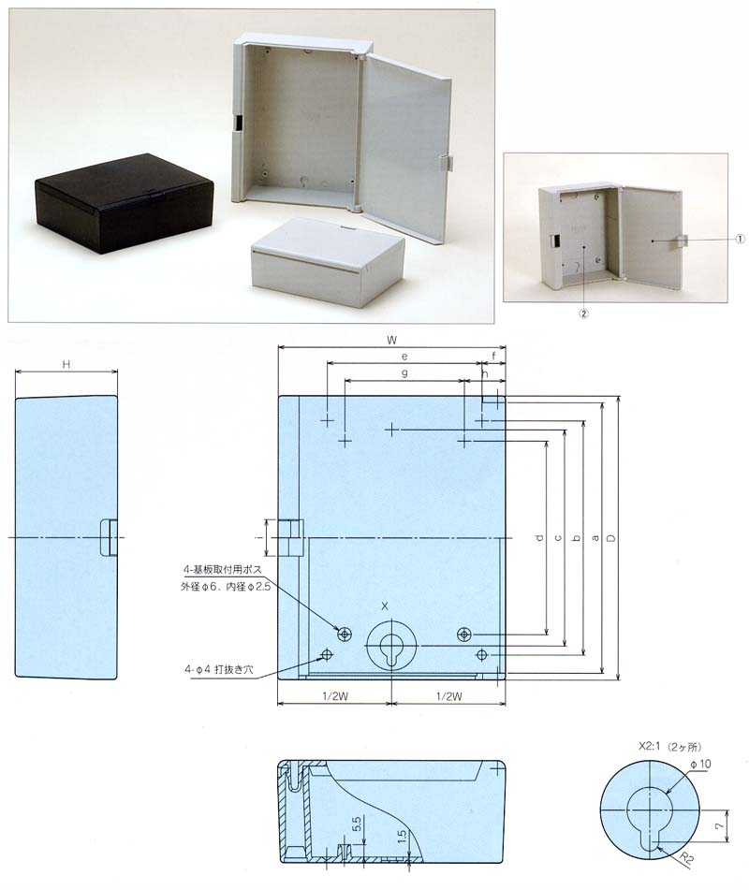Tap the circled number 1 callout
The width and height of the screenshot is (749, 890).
click(x=740, y=240)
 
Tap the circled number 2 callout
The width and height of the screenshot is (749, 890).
click(x=584, y=314)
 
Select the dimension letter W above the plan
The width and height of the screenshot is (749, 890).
click(x=391, y=340)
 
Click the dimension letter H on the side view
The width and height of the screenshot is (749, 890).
click(x=66, y=364)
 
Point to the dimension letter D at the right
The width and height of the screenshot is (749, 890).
click(x=611, y=537)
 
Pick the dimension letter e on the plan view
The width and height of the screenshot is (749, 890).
click(x=404, y=357)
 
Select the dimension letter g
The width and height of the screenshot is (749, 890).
click(x=404, y=372)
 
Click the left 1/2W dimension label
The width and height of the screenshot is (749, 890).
click(x=335, y=696)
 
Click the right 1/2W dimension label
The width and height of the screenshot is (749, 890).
click(x=449, y=696)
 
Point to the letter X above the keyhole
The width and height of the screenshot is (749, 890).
click(x=385, y=606)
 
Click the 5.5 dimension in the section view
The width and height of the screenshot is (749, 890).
click(x=357, y=824)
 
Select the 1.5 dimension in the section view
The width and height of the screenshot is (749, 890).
click(x=402, y=838)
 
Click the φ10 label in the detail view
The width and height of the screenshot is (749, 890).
click(x=700, y=764)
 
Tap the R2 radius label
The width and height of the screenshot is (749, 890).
click(x=686, y=857)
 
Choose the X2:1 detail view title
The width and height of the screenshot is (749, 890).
click(x=669, y=747)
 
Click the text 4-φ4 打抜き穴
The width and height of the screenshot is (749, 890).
click(x=219, y=669)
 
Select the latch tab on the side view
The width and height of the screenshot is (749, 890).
click(x=109, y=537)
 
